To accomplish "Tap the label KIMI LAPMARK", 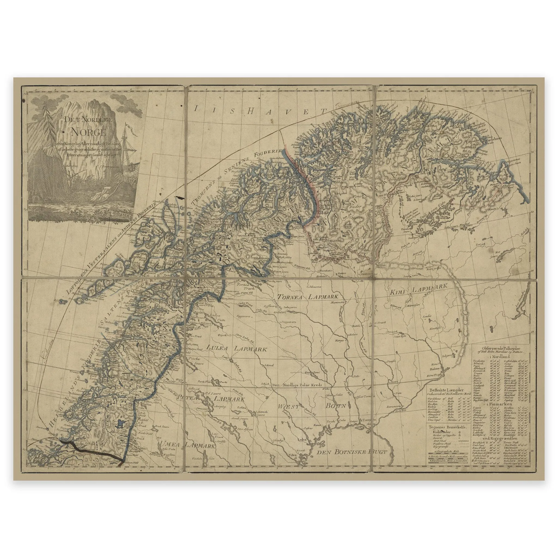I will point(417,288).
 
